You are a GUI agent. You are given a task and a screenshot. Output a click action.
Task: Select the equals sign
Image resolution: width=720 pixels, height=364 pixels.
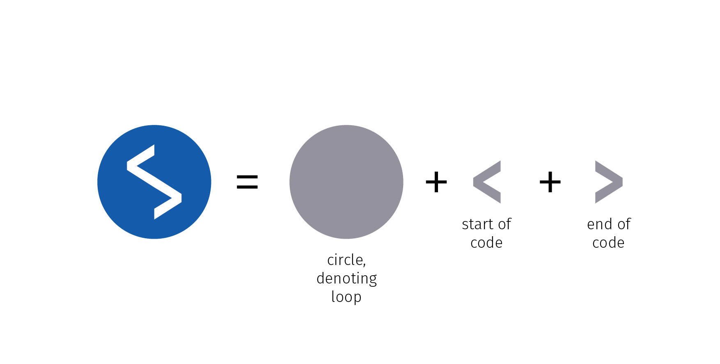click(x=248, y=182)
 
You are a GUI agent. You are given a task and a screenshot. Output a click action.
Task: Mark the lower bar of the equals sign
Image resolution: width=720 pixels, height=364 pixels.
click(x=248, y=187)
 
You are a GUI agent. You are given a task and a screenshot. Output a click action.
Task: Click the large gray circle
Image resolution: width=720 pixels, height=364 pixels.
click(x=346, y=182)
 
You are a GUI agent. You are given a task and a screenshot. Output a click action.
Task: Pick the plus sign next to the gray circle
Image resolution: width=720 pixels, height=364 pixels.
click(x=436, y=182)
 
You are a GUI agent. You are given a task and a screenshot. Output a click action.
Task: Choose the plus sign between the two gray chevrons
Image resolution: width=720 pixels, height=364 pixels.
click(x=550, y=182)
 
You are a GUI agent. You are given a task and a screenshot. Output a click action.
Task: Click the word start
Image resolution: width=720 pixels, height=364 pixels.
click(x=477, y=224)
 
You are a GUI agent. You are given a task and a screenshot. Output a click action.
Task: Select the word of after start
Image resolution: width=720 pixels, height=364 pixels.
click(x=504, y=224)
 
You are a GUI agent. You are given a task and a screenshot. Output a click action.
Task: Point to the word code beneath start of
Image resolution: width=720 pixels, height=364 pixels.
click(x=486, y=243)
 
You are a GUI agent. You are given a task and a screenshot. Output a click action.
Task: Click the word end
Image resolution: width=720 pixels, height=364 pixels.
click(x=599, y=224)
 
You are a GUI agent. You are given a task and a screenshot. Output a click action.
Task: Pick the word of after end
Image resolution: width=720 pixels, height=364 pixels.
click(x=624, y=224)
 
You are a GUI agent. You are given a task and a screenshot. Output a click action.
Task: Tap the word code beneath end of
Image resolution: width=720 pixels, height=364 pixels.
click(x=608, y=243)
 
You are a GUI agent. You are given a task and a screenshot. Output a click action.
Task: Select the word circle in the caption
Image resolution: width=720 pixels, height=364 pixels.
click(x=345, y=260)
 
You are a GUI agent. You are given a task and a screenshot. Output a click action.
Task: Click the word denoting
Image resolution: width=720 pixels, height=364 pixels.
click(x=347, y=279)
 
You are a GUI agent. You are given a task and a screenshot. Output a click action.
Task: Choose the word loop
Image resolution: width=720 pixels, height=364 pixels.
click(x=346, y=297)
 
